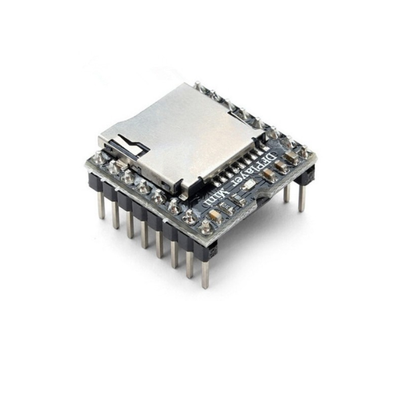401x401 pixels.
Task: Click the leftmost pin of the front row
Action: click(101, 204)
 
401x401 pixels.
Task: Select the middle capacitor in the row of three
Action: click(268, 175)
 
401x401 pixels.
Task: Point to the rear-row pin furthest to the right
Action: click(301, 198)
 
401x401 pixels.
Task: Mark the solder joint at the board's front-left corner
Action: click(98, 158)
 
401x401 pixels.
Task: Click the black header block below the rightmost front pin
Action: click(208, 250)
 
